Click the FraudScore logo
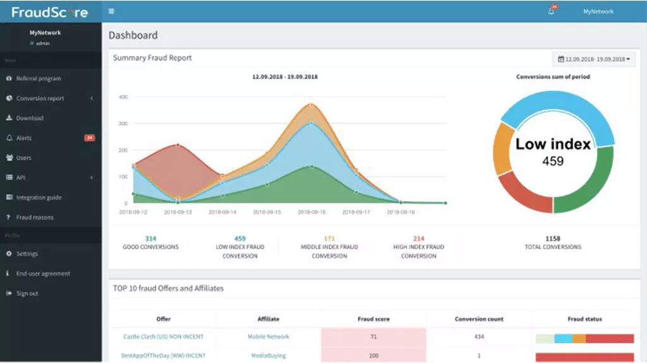pyautogui.click(x=50, y=11)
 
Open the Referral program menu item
pyautogui.click(x=38, y=78)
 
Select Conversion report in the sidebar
pyautogui.click(x=40, y=98)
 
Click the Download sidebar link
pyautogui.click(x=29, y=118)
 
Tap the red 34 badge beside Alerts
pyautogui.click(x=89, y=138)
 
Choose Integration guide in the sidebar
pyautogui.click(x=39, y=198)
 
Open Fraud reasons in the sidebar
pyautogui.click(x=35, y=217)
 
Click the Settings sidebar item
pyautogui.click(x=27, y=254)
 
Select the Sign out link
pyautogui.click(x=27, y=294)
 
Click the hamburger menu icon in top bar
pyautogui.click(x=112, y=11)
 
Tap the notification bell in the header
pyautogui.click(x=551, y=11)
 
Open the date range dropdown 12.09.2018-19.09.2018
pyautogui.click(x=593, y=59)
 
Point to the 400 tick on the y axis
pyautogui.click(x=123, y=97)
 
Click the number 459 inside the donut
pyautogui.click(x=553, y=161)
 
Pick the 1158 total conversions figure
pyautogui.click(x=553, y=238)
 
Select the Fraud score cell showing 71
pyautogui.click(x=373, y=337)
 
